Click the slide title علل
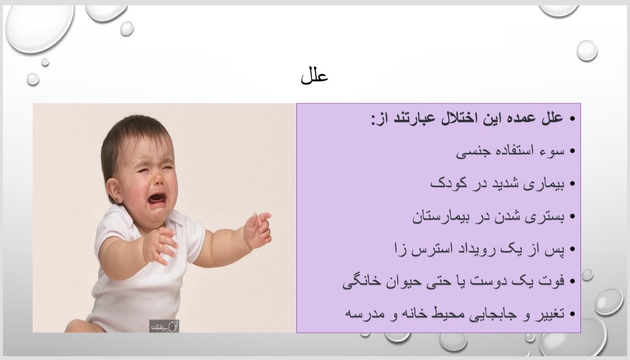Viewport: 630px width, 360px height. pos(314,75)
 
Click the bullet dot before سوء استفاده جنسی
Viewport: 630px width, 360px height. pos(572,151)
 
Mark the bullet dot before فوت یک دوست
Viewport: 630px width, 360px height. pos(572,281)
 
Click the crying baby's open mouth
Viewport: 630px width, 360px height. pos(157,198)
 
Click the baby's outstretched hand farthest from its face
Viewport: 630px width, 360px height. pos(258,229)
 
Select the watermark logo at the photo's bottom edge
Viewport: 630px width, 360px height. pos(164,326)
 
